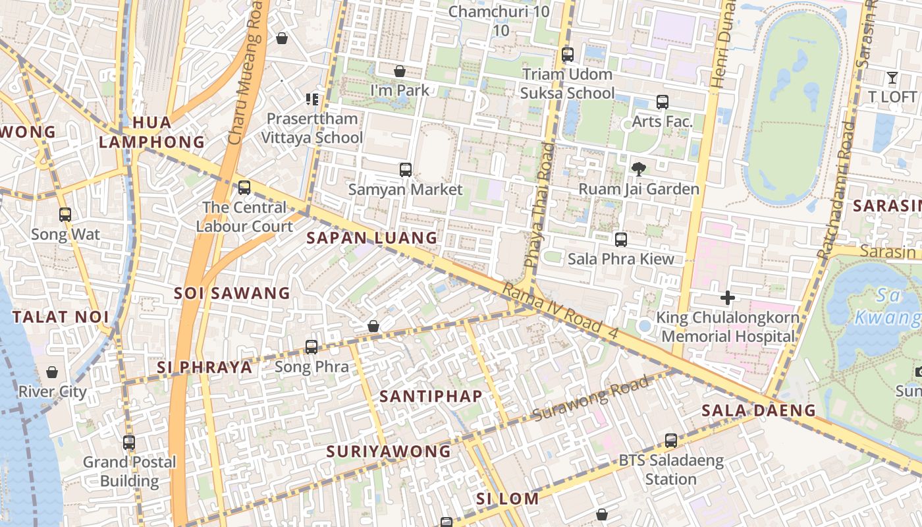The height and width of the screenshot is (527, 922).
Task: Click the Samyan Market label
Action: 405,190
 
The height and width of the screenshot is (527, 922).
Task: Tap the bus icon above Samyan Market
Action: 406,170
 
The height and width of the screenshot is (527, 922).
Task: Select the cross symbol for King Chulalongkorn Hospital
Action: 727,298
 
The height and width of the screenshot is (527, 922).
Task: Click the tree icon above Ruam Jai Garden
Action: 638,169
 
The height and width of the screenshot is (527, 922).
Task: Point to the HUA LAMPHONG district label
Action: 151,132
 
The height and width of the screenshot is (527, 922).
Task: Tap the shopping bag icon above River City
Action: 52,373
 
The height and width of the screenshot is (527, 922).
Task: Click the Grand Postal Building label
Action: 129,471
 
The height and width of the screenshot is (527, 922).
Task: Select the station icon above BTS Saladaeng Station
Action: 670,441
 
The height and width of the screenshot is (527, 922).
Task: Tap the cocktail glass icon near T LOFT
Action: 892,78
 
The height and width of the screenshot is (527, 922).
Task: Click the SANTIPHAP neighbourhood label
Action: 431,396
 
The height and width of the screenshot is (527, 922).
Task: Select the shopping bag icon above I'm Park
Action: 399,71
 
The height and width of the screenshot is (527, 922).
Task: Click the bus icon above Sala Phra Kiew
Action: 620,239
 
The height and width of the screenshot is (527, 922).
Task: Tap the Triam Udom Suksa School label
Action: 567,84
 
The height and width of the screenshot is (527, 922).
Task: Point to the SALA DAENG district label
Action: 758,410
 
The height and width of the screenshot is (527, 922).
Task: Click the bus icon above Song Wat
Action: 65,215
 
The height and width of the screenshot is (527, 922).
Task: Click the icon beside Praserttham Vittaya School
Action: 312,99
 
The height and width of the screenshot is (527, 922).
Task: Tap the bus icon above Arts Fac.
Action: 662,102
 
